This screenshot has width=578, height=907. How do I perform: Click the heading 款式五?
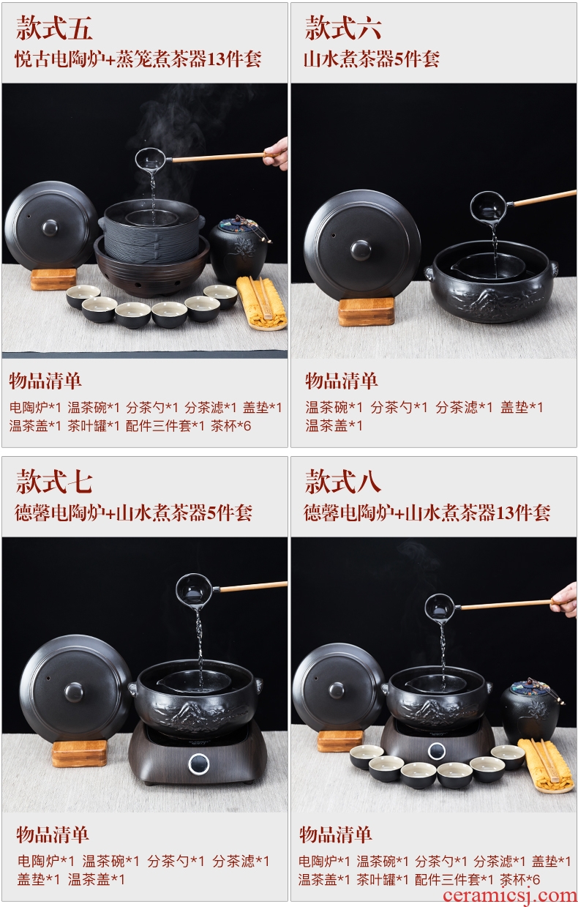tap(54, 28)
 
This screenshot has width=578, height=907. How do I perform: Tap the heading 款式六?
tap(343, 28)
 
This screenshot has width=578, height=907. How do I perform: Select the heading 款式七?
tap(54, 482)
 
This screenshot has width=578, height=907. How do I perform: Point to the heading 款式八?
tap(343, 482)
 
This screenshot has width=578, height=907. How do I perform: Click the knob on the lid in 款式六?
tap(361, 250)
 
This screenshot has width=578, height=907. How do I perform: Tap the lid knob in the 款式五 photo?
tap(50, 228)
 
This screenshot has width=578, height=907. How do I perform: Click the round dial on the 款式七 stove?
tap(198, 763)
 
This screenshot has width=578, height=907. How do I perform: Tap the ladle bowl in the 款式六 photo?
tap(491, 207)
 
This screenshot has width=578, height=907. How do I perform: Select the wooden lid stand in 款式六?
tap(367, 311)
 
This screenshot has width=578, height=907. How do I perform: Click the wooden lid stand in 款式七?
tap(80, 753)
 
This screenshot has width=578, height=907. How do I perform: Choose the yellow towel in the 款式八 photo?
tap(547, 764)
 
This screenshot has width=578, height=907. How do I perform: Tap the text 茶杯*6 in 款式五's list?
tap(230, 426)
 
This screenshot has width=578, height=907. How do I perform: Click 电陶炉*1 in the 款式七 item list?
tap(46, 860)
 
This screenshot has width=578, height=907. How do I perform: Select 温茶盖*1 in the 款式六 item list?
tap(334, 425)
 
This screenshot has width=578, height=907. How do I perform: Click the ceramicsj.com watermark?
tap(510, 895)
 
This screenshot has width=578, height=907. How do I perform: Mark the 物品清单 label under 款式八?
tap(336, 835)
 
